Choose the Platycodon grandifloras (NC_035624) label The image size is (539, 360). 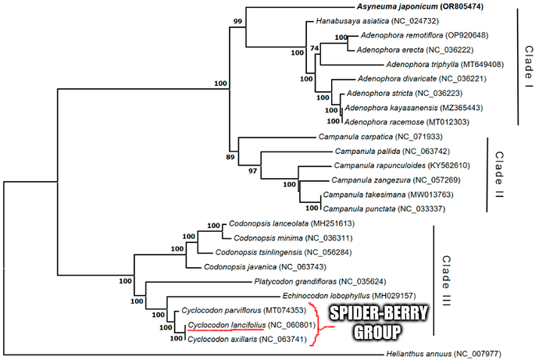(x=305, y=280)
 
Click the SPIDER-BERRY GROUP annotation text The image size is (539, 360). (x=366, y=323)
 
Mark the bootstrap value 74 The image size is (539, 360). (x=315, y=49)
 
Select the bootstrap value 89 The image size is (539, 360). (x=230, y=157)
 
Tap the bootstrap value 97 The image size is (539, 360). (x=252, y=170)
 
